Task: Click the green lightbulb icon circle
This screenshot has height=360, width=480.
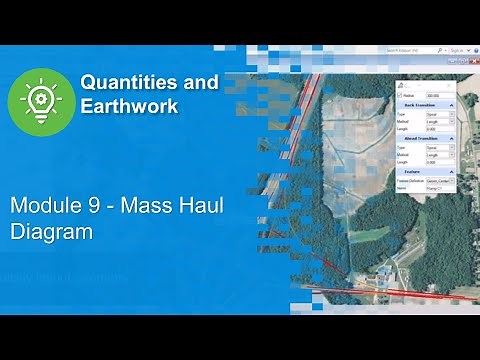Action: [39, 100]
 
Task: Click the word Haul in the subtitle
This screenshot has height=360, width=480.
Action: [190, 208]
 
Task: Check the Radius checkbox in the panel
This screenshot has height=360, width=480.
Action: [400, 96]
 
